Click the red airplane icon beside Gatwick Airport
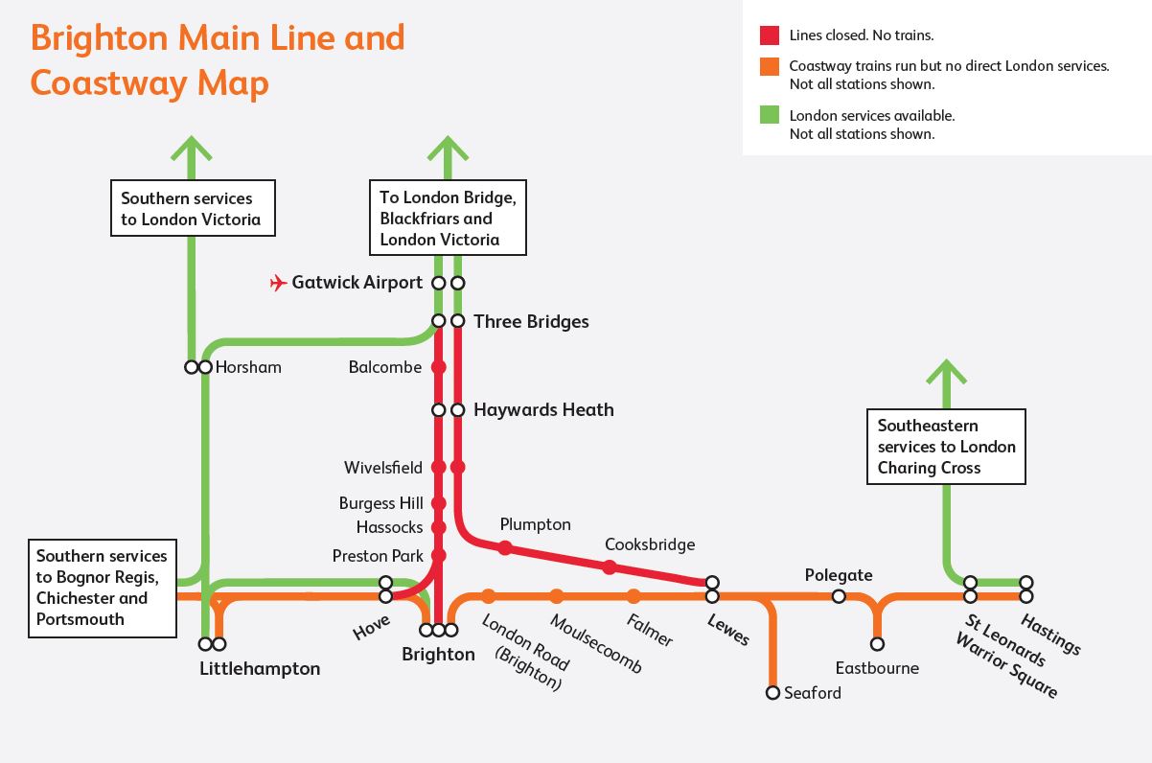279,283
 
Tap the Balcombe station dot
439,367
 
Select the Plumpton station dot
505,548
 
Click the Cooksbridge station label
650,544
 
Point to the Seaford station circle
772,692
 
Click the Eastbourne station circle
877,644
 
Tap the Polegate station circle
839,596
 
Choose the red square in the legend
770,35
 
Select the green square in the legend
770,115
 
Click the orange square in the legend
770,67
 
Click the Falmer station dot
634,596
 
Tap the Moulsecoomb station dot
557,596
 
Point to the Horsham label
248,367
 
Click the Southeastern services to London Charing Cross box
946,447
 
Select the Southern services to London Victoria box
192,209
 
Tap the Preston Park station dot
439,556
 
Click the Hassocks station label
389,527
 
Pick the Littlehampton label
260,668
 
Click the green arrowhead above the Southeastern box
946,372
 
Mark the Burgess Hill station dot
439,503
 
